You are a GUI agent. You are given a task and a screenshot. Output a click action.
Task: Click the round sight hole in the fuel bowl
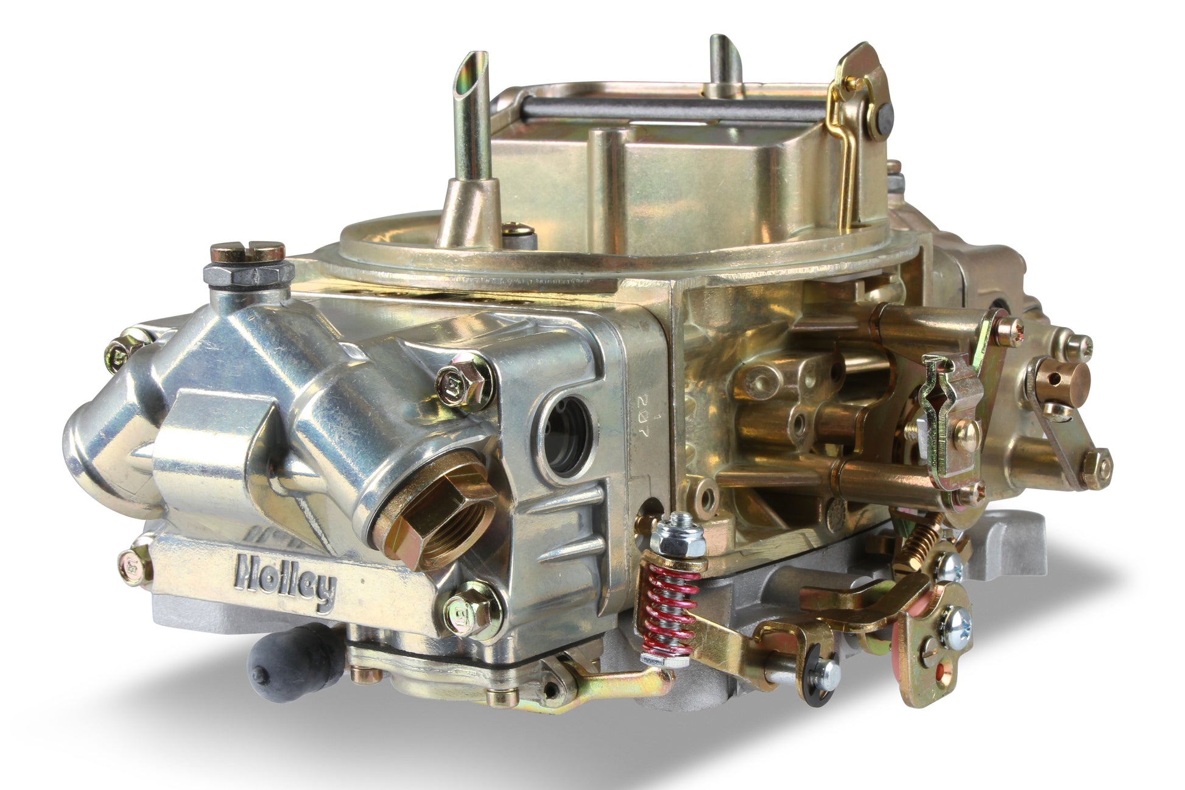[565, 435]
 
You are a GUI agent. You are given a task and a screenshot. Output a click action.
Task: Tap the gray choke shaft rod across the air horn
[670, 110]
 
